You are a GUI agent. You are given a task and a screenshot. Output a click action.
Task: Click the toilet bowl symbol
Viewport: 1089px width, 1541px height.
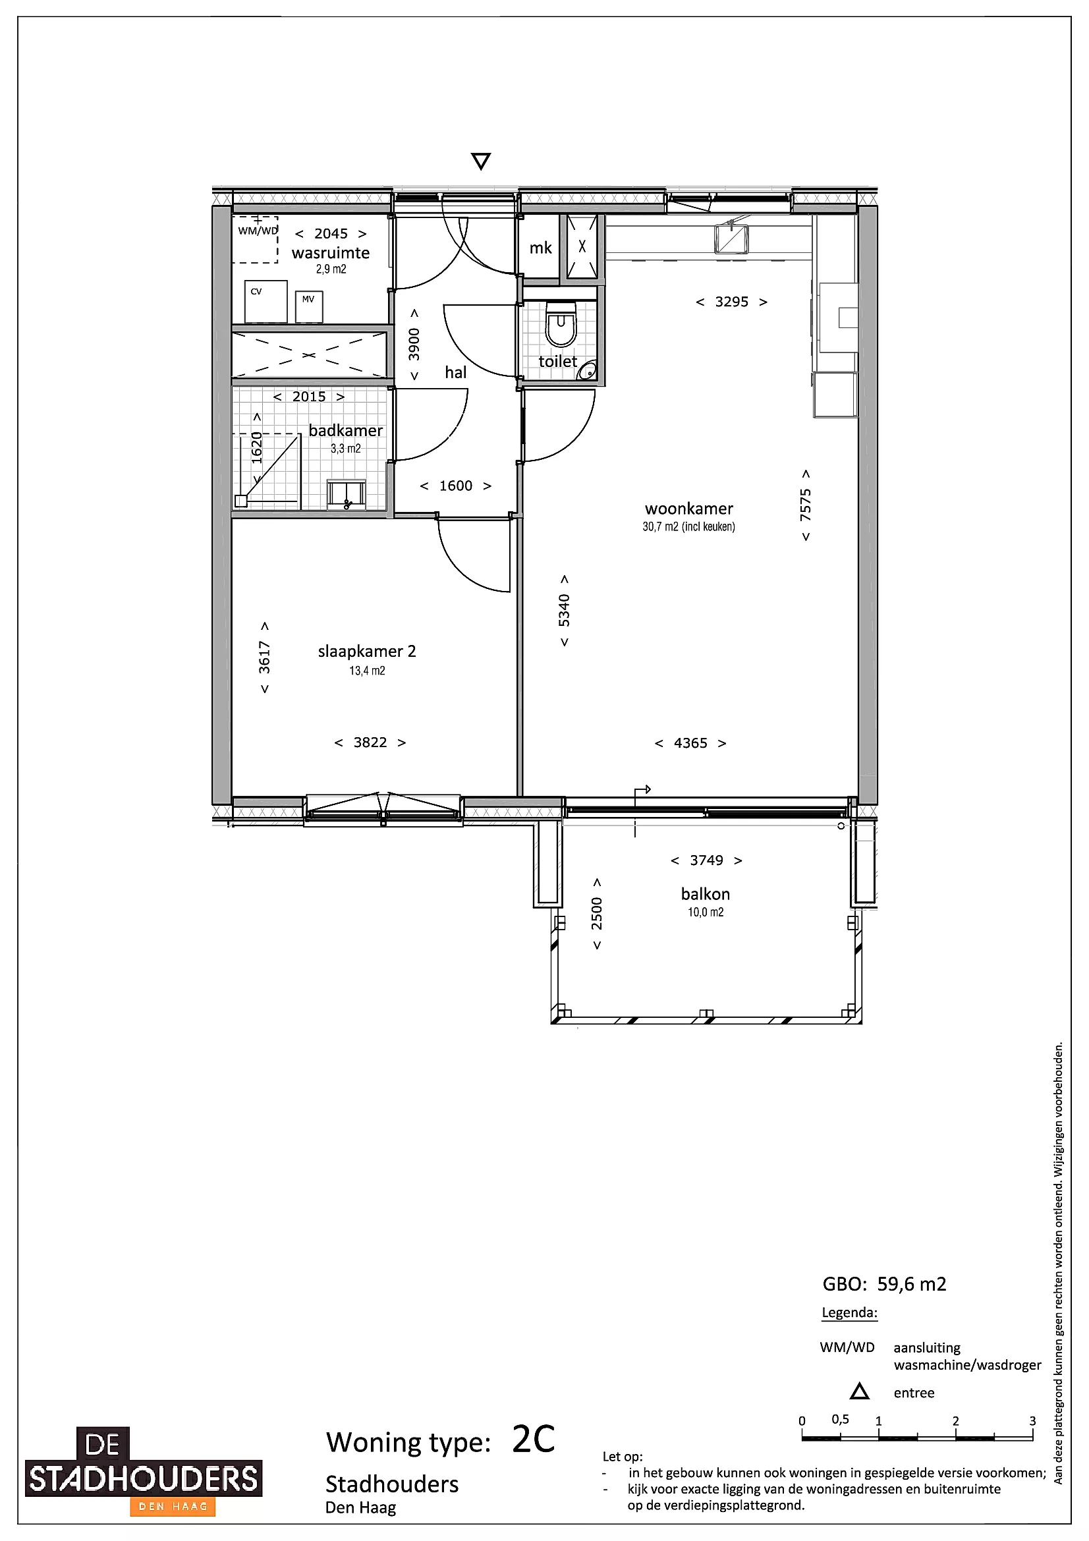pos(561,324)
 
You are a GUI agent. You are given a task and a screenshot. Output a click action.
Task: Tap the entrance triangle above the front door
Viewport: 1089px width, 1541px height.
pos(480,161)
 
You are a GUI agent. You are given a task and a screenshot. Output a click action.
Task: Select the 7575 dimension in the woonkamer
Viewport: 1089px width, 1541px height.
pos(806,505)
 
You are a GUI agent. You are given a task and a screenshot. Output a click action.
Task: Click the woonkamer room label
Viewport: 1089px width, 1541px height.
pos(689,509)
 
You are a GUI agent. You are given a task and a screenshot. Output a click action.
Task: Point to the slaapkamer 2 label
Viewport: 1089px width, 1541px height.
pos(367,651)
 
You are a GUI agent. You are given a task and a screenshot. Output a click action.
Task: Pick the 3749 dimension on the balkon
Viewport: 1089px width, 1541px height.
pos(706,860)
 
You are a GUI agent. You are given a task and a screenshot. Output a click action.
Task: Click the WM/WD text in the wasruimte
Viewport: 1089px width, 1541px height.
pos(258,231)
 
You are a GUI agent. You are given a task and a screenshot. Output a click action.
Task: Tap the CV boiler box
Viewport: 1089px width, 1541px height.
pos(265,302)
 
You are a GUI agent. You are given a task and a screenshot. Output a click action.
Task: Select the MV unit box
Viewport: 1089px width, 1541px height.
pos(309,307)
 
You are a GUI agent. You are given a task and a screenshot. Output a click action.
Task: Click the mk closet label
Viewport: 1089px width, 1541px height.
pos(541,248)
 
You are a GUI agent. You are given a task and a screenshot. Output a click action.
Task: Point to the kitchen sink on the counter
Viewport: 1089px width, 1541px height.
pos(731,238)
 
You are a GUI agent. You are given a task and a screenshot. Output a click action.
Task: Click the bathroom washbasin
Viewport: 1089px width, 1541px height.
pos(347,495)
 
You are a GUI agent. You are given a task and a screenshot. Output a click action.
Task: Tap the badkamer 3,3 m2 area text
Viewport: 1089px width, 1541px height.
pos(346,449)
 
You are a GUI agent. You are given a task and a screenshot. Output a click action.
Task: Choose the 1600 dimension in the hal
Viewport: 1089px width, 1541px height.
pos(456,486)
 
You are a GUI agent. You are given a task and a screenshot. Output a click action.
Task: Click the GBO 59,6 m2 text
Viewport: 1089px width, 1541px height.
pos(884,1285)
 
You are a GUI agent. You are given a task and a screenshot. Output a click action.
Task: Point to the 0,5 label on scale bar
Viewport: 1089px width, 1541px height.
pos(840,1420)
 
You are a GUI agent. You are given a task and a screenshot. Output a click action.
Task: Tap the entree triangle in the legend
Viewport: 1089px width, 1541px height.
pos(860,1392)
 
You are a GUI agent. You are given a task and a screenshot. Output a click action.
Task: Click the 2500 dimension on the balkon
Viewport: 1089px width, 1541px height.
pos(596,913)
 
